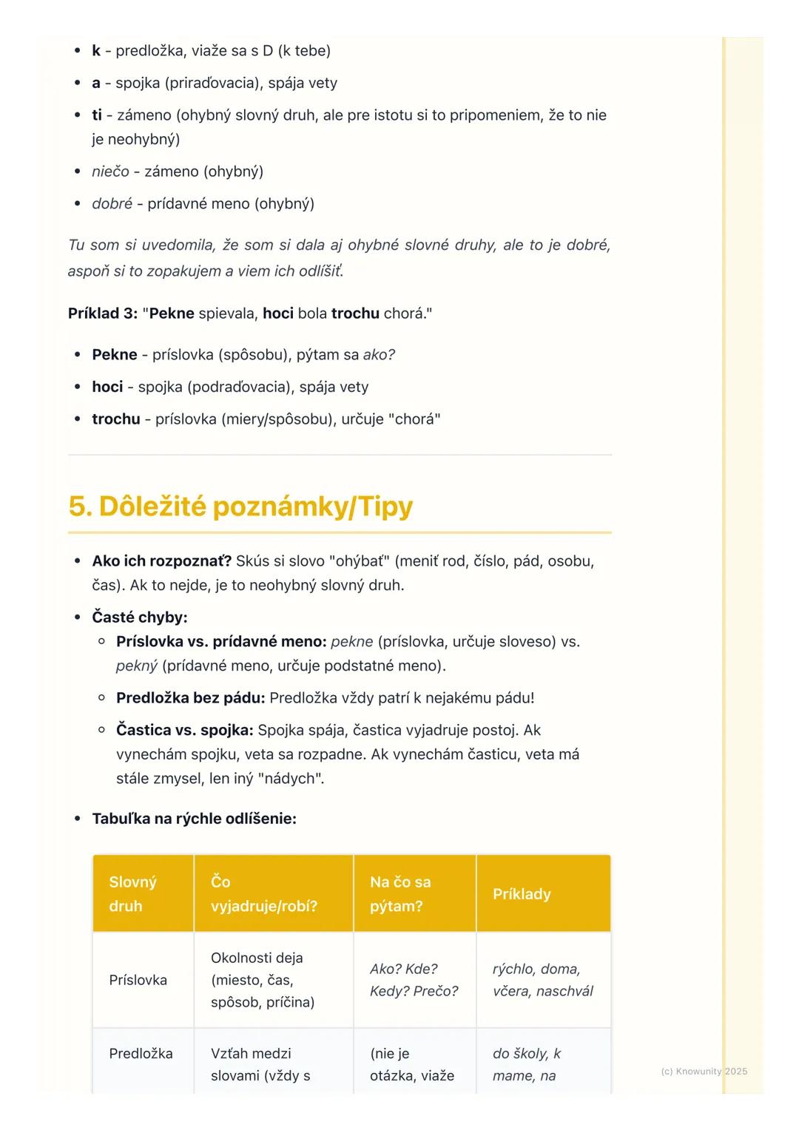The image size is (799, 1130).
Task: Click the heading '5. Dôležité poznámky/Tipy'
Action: click(x=240, y=507)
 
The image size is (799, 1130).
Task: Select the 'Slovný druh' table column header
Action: click(x=133, y=893)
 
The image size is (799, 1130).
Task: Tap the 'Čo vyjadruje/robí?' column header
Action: click(x=263, y=893)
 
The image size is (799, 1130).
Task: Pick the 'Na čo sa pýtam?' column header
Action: click(x=400, y=893)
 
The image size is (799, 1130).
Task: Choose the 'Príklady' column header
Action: click(x=522, y=894)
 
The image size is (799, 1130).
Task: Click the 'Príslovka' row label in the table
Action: click(x=138, y=980)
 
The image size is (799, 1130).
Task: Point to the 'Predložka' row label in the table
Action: click(x=141, y=1053)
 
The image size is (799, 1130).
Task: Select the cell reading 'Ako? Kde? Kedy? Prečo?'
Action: click(x=414, y=980)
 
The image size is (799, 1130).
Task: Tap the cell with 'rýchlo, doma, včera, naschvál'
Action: click(x=542, y=980)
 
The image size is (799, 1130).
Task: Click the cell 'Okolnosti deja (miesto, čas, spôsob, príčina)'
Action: click(x=263, y=980)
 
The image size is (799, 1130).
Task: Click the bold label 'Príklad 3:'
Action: click(x=103, y=313)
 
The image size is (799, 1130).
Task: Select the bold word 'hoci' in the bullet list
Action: click(x=107, y=387)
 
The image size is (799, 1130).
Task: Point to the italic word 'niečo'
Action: click(x=110, y=172)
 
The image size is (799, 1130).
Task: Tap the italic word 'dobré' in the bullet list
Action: click(x=112, y=203)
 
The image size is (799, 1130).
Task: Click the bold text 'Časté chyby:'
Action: click(x=140, y=617)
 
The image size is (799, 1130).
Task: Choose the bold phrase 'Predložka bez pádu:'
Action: click(x=190, y=697)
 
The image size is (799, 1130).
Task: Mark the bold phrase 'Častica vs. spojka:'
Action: click(x=184, y=730)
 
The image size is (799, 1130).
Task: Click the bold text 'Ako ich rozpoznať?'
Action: click(x=161, y=561)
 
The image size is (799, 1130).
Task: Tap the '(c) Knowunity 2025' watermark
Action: click(x=704, y=1071)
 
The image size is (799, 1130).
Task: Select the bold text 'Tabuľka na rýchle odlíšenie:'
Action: click(x=194, y=819)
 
